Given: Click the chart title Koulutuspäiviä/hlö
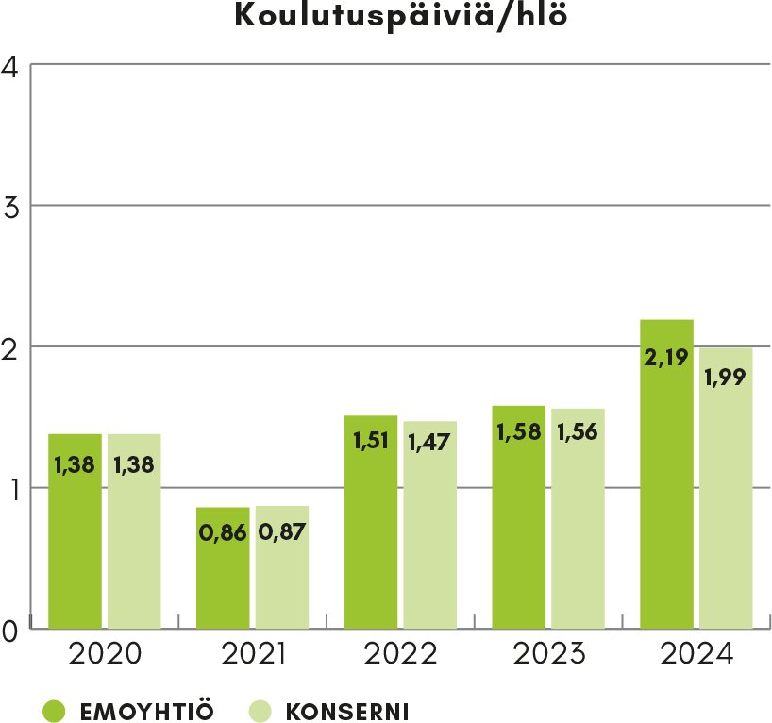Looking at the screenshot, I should point(401,15).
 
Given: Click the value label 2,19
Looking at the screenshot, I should point(666,359).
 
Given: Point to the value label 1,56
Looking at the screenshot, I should point(578,432).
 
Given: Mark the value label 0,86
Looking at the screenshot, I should point(223,532).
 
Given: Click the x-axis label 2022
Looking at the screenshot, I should point(400,654).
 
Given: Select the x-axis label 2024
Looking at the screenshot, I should point(696,654).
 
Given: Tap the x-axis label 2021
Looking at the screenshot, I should point(252,654).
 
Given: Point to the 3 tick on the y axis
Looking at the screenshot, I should point(11,208).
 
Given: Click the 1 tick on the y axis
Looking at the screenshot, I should point(11,489).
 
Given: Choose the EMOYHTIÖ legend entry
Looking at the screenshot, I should point(127,710).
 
